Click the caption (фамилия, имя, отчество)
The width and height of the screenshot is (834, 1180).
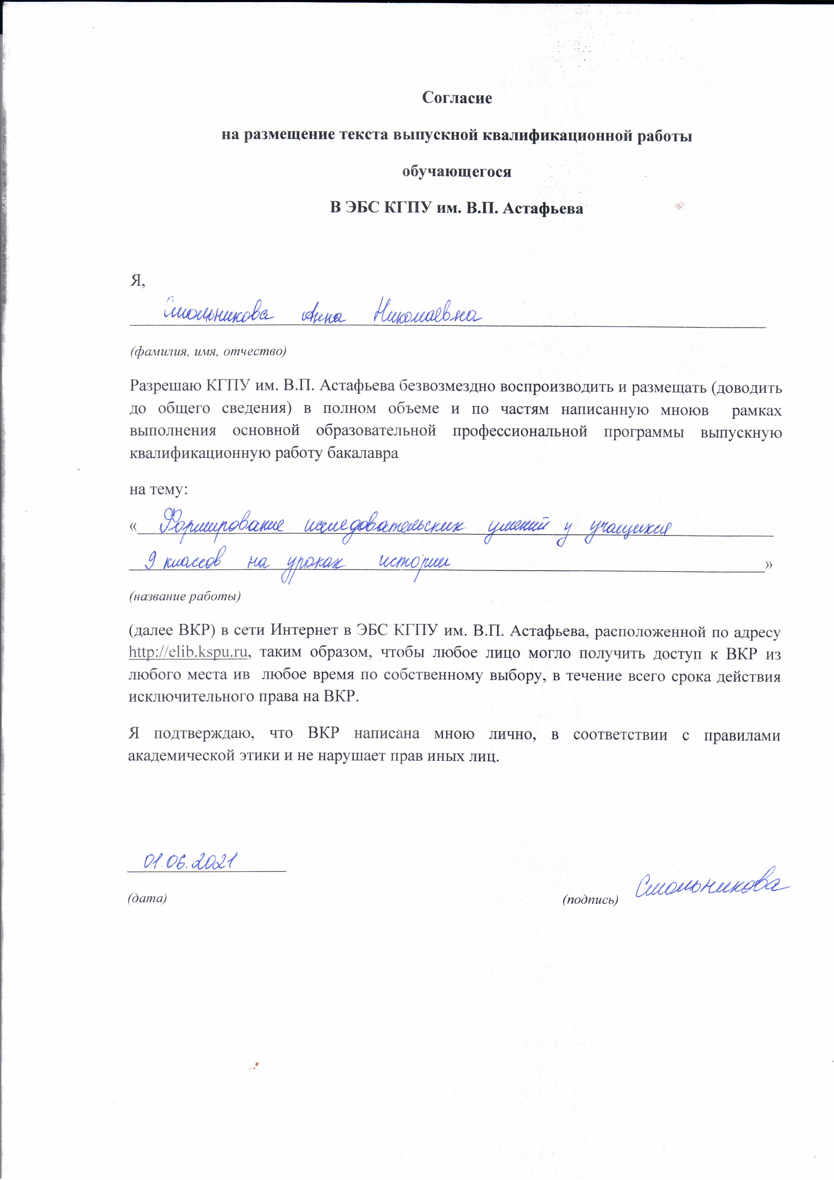207,352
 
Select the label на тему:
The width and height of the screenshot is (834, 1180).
158,489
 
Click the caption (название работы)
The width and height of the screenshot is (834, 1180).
185,596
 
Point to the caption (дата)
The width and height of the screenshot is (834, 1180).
148,898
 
